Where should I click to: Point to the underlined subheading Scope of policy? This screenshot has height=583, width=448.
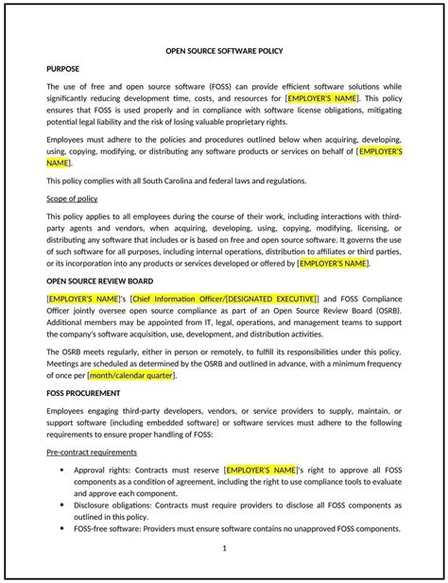(x=72, y=198)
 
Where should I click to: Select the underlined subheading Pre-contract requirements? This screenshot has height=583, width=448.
(x=92, y=452)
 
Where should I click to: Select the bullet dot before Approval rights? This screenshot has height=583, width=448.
(x=62, y=469)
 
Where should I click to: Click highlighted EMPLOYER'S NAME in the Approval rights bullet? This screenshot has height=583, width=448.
(x=261, y=469)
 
